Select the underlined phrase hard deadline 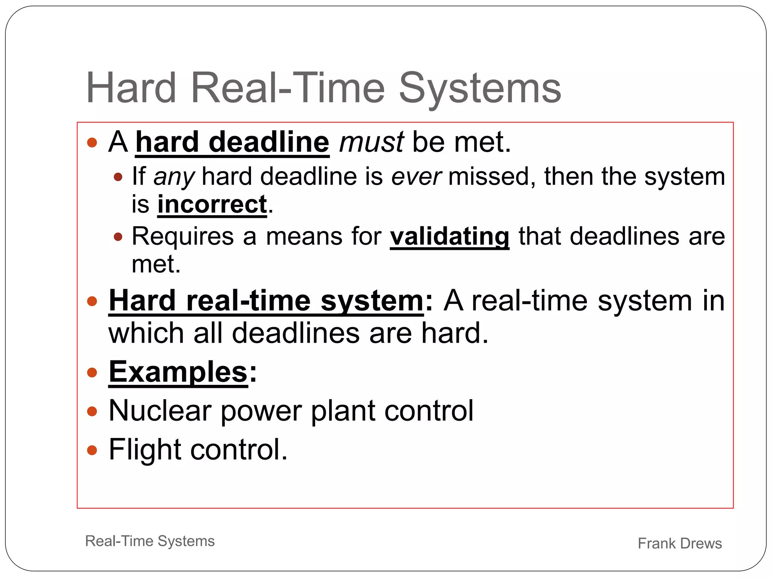point(232,142)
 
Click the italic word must point(371,142)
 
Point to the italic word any point(174,177)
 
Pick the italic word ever point(416,177)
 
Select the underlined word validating point(449,236)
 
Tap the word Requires point(183,236)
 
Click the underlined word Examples point(178,372)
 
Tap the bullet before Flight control point(92,450)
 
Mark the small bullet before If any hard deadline point(118,177)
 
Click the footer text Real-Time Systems point(150,541)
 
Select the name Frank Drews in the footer point(679,543)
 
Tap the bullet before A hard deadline point(92,142)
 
